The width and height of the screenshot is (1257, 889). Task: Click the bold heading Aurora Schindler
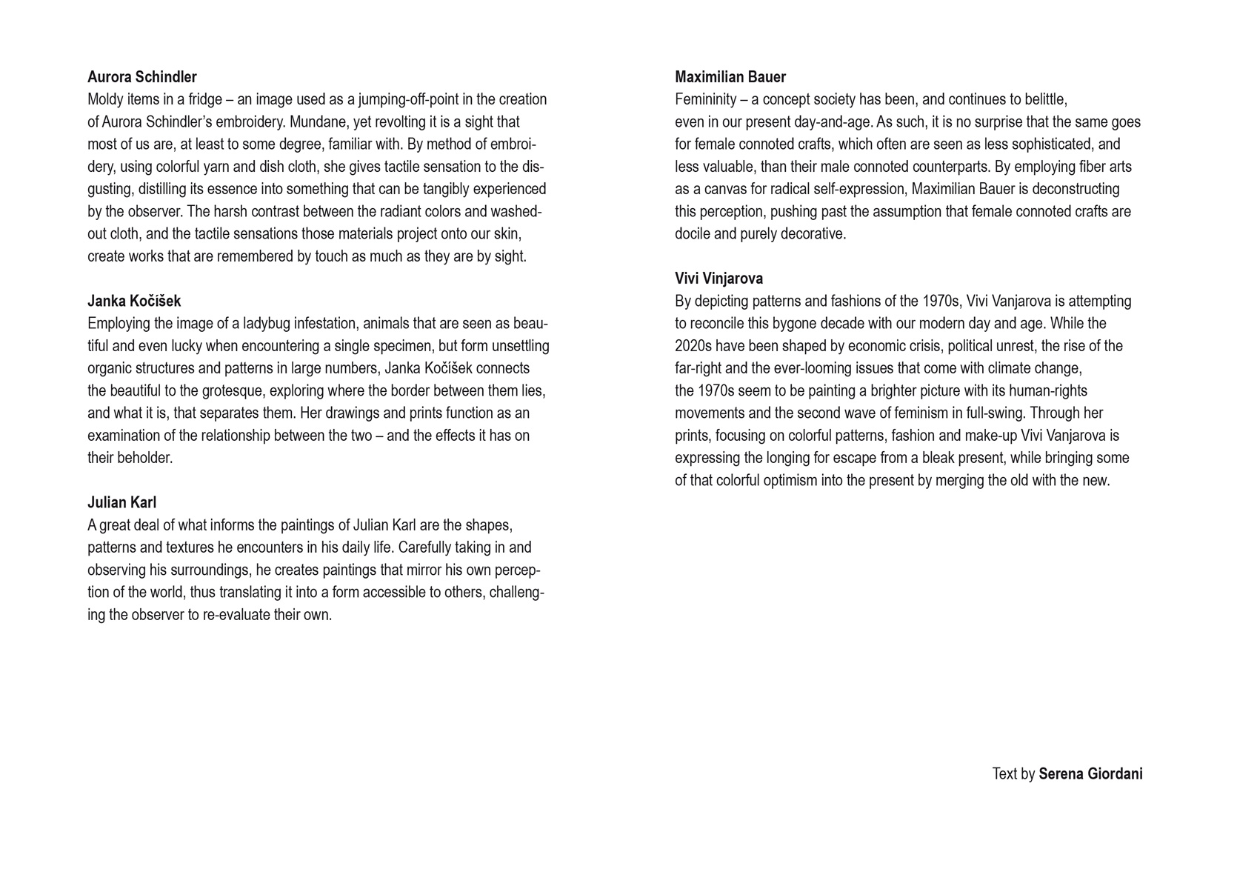(x=142, y=77)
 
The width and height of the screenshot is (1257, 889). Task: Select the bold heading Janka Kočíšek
(x=134, y=301)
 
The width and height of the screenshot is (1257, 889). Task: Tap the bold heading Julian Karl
(x=121, y=502)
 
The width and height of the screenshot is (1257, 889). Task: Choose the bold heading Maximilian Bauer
(x=730, y=77)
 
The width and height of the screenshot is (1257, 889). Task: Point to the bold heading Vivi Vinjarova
(x=718, y=279)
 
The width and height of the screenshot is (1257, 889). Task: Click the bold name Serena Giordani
(x=1090, y=774)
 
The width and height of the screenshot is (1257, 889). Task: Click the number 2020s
(x=693, y=346)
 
